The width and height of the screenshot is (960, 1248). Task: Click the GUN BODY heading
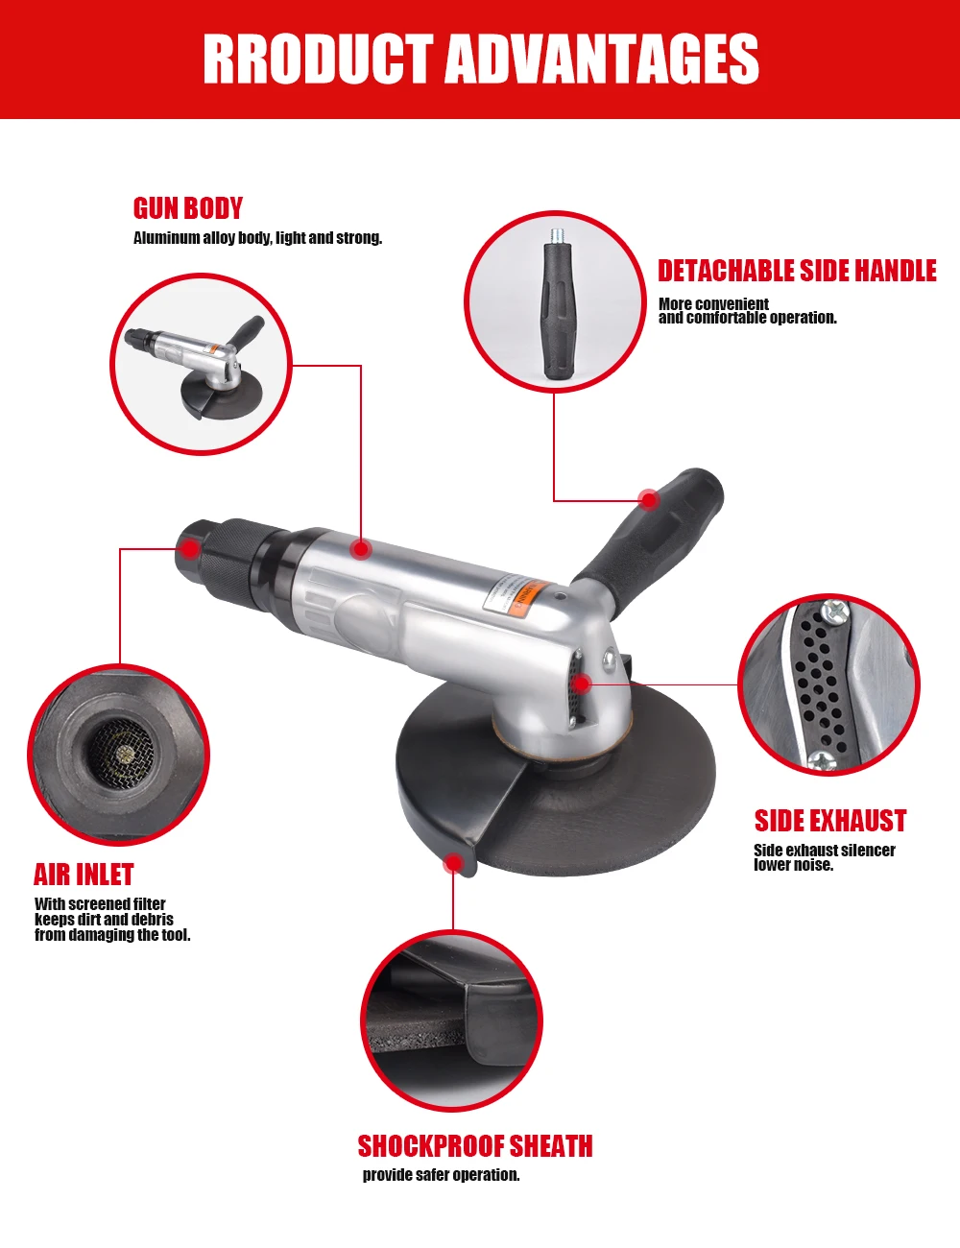pyautogui.click(x=188, y=208)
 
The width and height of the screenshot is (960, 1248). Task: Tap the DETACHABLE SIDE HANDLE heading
pyautogui.click(x=797, y=272)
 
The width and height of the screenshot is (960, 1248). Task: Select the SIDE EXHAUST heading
pyautogui.click(x=830, y=821)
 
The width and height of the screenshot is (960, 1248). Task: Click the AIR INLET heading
pyautogui.click(x=84, y=875)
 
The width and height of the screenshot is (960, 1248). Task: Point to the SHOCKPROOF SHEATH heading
pyautogui.click(x=475, y=1146)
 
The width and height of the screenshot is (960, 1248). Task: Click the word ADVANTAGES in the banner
pyautogui.click(x=603, y=60)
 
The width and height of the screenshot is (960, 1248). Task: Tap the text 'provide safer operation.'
pyautogui.click(x=441, y=1175)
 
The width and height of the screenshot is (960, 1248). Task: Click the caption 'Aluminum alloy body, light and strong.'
pyautogui.click(x=257, y=238)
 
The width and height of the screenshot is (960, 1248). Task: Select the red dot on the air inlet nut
pyautogui.click(x=190, y=549)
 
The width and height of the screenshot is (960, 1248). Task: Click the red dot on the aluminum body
pyautogui.click(x=360, y=549)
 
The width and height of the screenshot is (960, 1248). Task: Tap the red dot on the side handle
pyautogui.click(x=649, y=499)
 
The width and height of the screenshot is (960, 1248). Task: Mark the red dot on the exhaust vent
pyautogui.click(x=581, y=684)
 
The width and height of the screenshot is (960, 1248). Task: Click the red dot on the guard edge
pyautogui.click(x=453, y=864)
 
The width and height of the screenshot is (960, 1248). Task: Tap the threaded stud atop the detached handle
pyautogui.click(x=555, y=234)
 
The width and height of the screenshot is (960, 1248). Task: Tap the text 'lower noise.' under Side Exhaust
pyautogui.click(x=793, y=865)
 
